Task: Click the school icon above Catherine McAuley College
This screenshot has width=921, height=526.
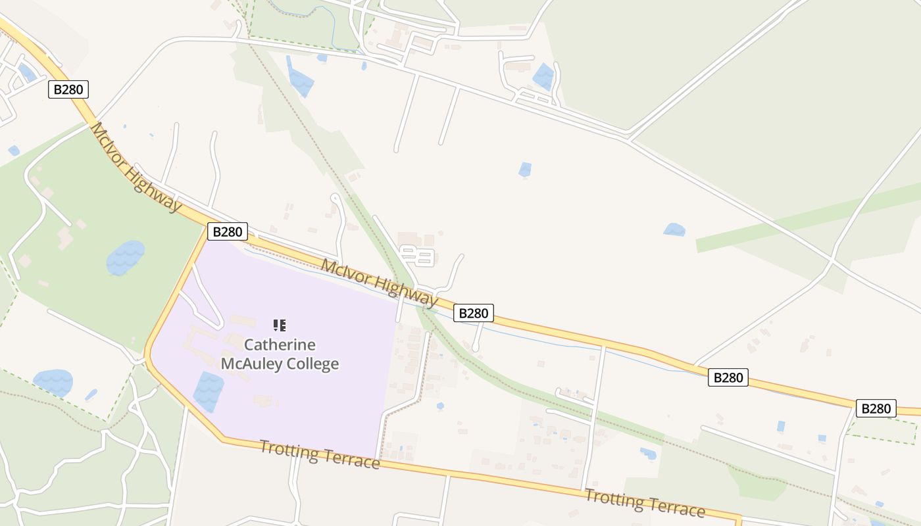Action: click(x=280, y=325)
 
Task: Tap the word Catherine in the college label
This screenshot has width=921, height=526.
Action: click(x=280, y=345)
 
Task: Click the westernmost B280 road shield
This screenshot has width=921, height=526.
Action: click(x=68, y=89)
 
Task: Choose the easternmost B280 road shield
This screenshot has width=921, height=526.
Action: click(x=876, y=408)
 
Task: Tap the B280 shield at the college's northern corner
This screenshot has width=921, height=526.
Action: click(x=228, y=231)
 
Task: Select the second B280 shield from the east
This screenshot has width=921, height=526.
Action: click(x=728, y=377)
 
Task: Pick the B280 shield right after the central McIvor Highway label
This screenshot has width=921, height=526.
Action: click(x=473, y=313)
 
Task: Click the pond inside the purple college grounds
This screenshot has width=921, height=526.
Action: click(x=209, y=391)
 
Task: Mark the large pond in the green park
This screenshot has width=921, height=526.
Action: click(x=125, y=257)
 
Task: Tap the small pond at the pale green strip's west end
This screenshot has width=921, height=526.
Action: click(x=674, y=229)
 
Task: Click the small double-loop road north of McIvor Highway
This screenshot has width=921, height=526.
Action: click(x=418, y=256)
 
